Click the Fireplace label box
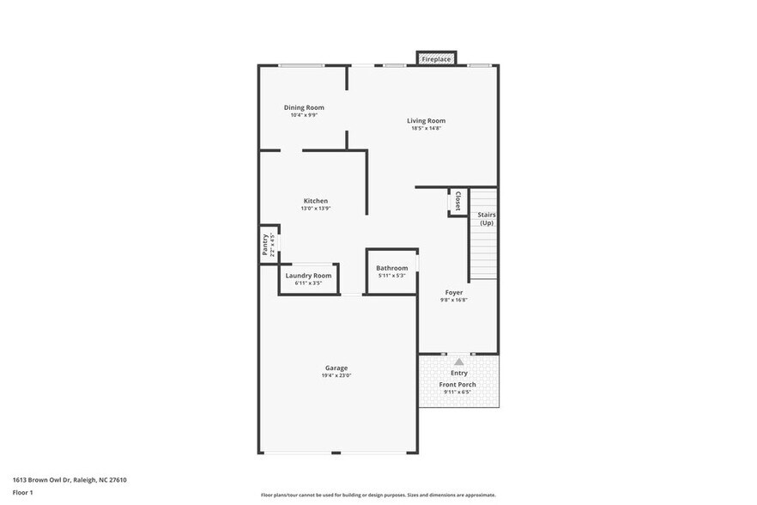[x=436, y=59]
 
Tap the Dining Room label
[x=304, y=107]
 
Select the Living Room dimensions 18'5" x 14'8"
[x=426, y=129]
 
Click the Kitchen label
[x=315, y=201]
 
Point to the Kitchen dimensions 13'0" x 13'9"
[x=315, y=209]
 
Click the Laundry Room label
[x=308, y=276]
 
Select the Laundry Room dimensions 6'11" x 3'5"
[x=308, y=283]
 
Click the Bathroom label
[x=391, y=268]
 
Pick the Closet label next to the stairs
[x=457, y=201]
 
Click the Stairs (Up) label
[x=486, y=218]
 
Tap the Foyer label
[x=453, y=292]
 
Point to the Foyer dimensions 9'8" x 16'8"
[x=453, y=300]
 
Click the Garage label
[x=336, y=368]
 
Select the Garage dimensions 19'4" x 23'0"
[x=336, y=375]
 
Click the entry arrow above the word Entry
[x=459, y=362]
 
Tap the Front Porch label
[x=458, y=385]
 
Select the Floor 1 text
[x=22, y=492]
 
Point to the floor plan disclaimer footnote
[x=378, y=495]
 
